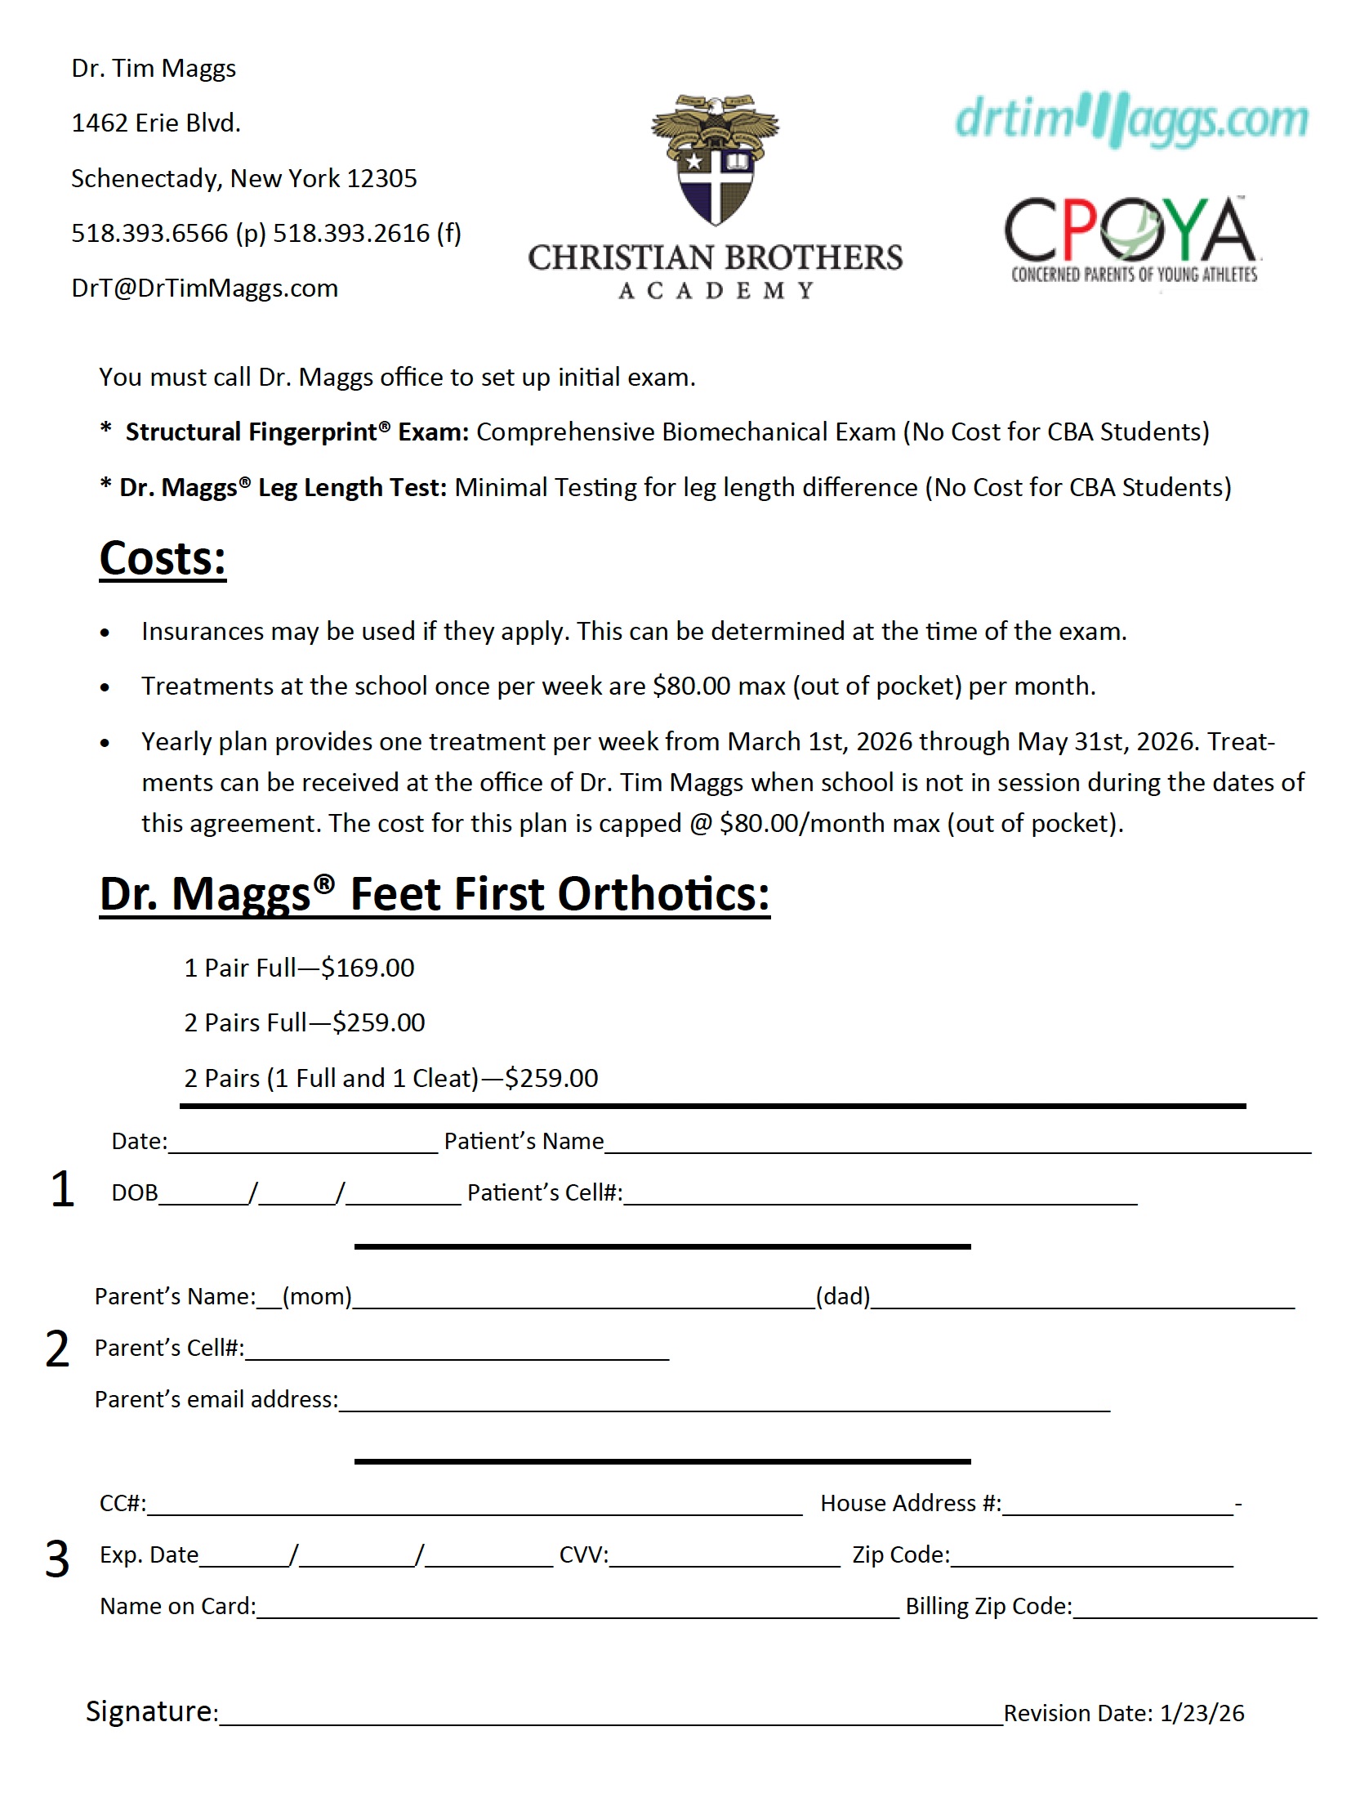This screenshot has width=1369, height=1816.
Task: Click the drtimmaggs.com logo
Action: pyautogui.click(x=1131, y=120)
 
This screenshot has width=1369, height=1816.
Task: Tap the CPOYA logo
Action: pyautogui.click(x=1131, y=238)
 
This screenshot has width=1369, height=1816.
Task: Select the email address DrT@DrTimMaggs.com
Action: pyautogui.click(x=204, y=289)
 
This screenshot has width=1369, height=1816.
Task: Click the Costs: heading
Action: pyautogui.click(x=163, y=559)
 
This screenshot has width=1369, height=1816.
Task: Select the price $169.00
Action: pyautogui.click(x=368, y=968)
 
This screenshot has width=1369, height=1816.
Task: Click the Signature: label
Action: pyautogui.click(x=152, y=1711)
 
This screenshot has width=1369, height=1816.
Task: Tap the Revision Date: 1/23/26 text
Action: pyautogui.click(x=1123, y=1713)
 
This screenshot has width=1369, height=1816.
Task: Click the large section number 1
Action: pyautogui.click(x=61, y=1190)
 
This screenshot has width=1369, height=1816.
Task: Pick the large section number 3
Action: pyautogui.click(x=56, y=1559)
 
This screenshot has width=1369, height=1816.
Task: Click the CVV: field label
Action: pyautogui.click(x=583, y=1555)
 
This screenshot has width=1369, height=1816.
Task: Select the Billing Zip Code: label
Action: pyautogui.click(x=988, y=1607)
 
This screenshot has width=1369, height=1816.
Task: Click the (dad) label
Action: pyautogui.click(x=842, y=1296)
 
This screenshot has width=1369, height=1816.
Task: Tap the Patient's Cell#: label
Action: pyautogui.click(x=544, y=1193)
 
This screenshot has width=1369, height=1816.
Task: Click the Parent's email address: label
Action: pyautogui.click(x=216, y=1400)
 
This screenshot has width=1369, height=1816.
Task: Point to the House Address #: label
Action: pyautogui.click(x=910, y=1503)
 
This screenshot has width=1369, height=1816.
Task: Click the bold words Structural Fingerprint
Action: pyautogui.click(x=251, y=432)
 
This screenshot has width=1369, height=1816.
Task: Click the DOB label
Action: pyautogui.click(x=135, y=1193)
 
